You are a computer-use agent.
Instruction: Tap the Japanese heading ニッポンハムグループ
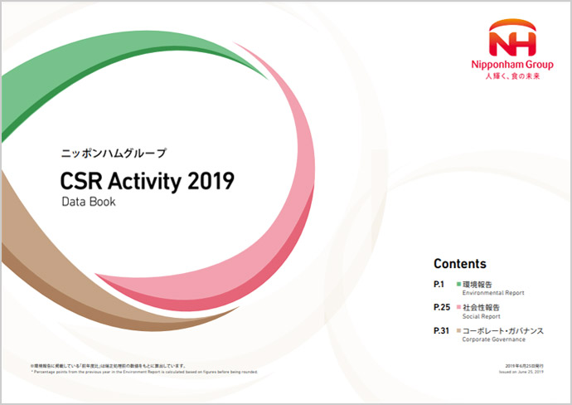tap(114, 154)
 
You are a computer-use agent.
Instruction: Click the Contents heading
tap(460, 264)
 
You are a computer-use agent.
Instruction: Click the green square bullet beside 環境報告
tap(458, 285)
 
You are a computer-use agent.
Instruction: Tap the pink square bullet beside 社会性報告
tap(458, 308)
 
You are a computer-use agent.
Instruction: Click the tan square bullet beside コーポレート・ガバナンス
tap(458, 331)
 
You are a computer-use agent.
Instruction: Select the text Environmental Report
tap(490, 294)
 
